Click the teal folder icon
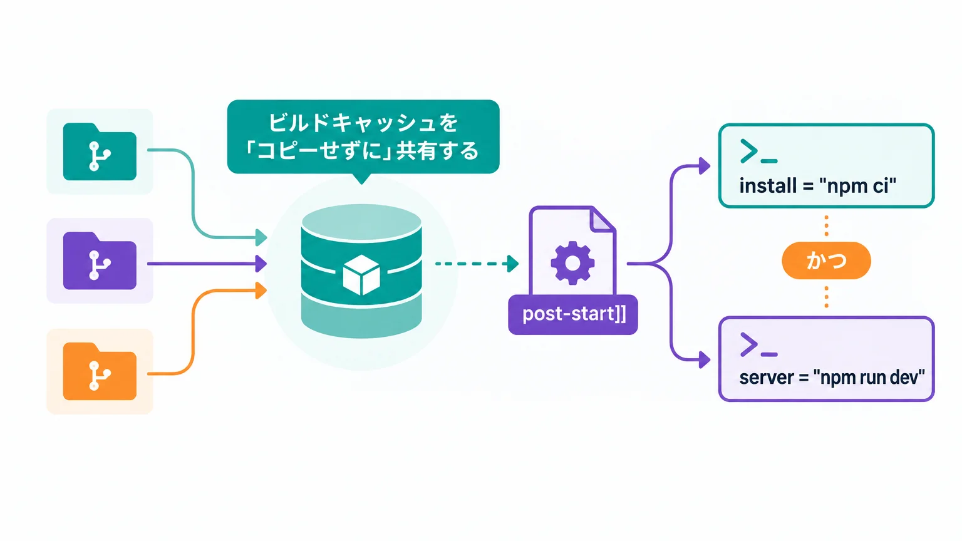100,152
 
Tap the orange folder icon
100,371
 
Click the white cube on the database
361,276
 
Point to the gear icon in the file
572,263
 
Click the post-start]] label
573,314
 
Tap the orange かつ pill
826,260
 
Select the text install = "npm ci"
818,186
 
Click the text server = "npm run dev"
832,378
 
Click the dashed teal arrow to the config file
477,264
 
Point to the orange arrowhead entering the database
261,291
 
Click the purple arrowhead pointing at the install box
705,166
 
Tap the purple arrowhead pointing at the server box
705,360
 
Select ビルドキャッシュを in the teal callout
363,123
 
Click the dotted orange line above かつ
826,226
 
